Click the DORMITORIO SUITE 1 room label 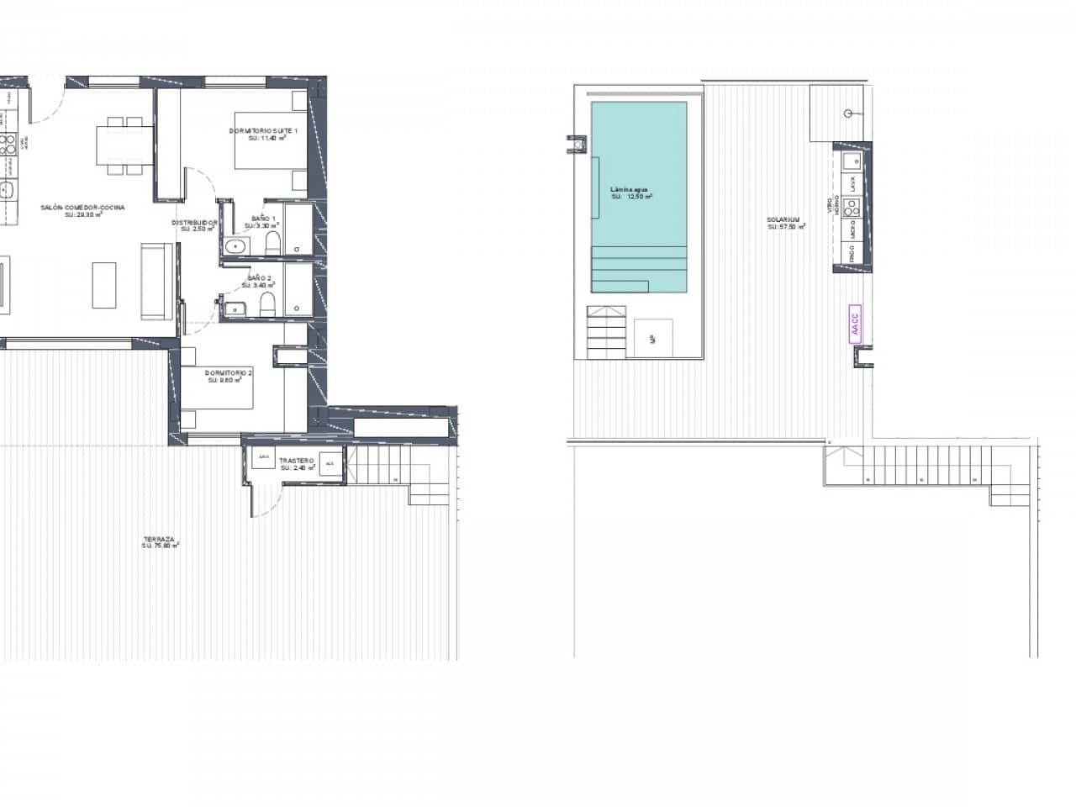[263, 131]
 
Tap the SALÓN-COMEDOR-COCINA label [83, 207]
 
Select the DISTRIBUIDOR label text [195, 224]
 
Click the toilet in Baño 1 [272, 245]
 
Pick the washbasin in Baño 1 [235, 245]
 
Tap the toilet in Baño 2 [266, 305]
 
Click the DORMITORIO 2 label [228, 372]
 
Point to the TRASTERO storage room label [298, 462]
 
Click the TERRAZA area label [159, 540]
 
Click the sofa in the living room [156, 281]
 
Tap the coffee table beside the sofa [103, 285]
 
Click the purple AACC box [856, 320]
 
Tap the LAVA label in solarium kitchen [852, 182]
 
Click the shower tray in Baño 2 [296, 290]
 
